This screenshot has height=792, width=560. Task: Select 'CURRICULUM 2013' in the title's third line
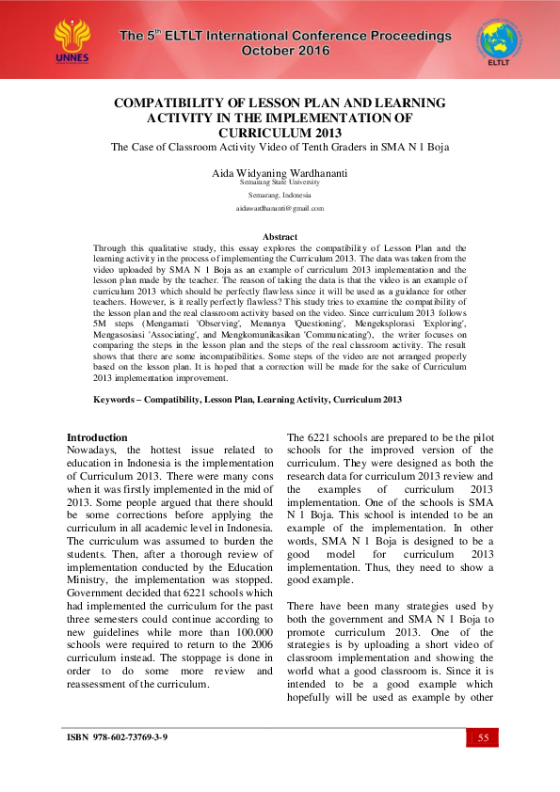pyautogui.click(x=280, y=133)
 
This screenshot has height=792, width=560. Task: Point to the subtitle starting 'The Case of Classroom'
pyautogui.click(x=280, y=147)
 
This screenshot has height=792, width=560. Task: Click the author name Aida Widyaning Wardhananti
pyautogui.click(x=280, y=174)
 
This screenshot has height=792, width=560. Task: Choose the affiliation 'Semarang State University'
pyautogui.click(x=280, y=182)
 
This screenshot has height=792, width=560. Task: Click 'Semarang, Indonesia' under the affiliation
pyautogui.click(x=280, y=195)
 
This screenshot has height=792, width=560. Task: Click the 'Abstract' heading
pyautogui.click(x=280, y=237)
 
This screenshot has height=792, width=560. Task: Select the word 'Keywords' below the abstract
pyautogui.click(x=116, y=400)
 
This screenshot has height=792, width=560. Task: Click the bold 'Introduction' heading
pyautogui.click(x=97, y=437)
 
